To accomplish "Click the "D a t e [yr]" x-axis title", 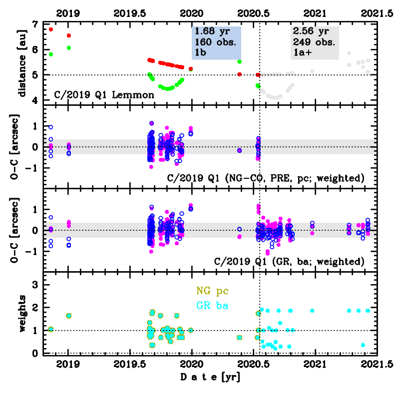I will point(209,378).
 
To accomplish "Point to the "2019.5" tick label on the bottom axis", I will point(130,364).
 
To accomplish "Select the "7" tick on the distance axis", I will point(34,24).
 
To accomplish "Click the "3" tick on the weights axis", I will point(34,285).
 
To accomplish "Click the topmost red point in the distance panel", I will point(51,29).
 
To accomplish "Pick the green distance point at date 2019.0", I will point(69,48).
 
